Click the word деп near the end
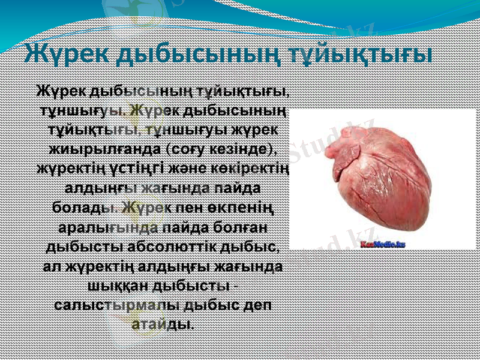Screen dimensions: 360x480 256,304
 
